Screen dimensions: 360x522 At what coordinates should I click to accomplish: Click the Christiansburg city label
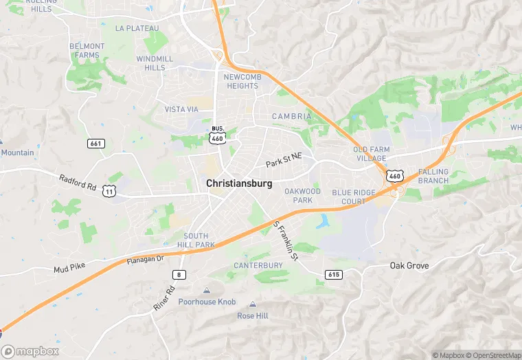[239, 184]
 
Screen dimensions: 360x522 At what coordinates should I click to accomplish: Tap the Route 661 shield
[96, 144]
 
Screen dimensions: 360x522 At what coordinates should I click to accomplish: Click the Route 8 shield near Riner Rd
[179, 275]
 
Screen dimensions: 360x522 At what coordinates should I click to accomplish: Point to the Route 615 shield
[334, 275]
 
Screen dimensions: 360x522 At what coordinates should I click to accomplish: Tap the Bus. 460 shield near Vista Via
[218, 134]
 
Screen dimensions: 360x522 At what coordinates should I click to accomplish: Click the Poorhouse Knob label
[207, 302]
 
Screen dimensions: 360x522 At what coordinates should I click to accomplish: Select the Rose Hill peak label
[253, 315]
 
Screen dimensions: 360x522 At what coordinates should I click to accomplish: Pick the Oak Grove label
[409, 266]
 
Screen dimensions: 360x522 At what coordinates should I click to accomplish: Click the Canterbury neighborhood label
[258, 265]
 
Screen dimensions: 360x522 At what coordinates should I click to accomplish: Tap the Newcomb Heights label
[241, 81]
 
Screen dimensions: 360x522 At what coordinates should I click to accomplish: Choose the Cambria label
[291, 117]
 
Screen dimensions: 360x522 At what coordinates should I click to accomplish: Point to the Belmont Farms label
[87, 50]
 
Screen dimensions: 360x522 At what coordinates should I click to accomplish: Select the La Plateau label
[137, 28]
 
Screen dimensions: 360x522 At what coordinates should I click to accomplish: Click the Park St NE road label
[284, 160]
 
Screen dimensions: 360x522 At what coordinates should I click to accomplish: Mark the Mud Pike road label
[69, 269]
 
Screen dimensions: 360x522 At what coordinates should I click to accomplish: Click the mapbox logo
[30, 351]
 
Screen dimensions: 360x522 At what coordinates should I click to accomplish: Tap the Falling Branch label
[433, 176]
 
